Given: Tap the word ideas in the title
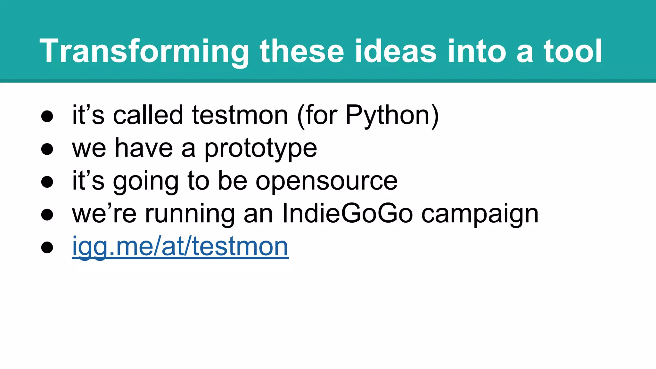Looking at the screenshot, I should [396, 51].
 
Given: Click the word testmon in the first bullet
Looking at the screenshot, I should [240, 115].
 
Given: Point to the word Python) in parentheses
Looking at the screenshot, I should [392, 115].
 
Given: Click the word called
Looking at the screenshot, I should [148, 115].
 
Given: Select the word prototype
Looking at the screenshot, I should [260, 149].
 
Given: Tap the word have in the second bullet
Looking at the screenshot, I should [144, 149].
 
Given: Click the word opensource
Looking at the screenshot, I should [326, 181].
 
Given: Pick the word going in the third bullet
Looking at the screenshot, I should [146, 181].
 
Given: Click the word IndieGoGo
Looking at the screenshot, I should [348, 214].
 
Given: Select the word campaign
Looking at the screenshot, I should [480, 214].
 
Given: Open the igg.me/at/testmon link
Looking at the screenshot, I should [180, 247].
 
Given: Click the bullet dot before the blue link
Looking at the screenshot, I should [47, 247].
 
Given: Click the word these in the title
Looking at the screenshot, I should [302, 51].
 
